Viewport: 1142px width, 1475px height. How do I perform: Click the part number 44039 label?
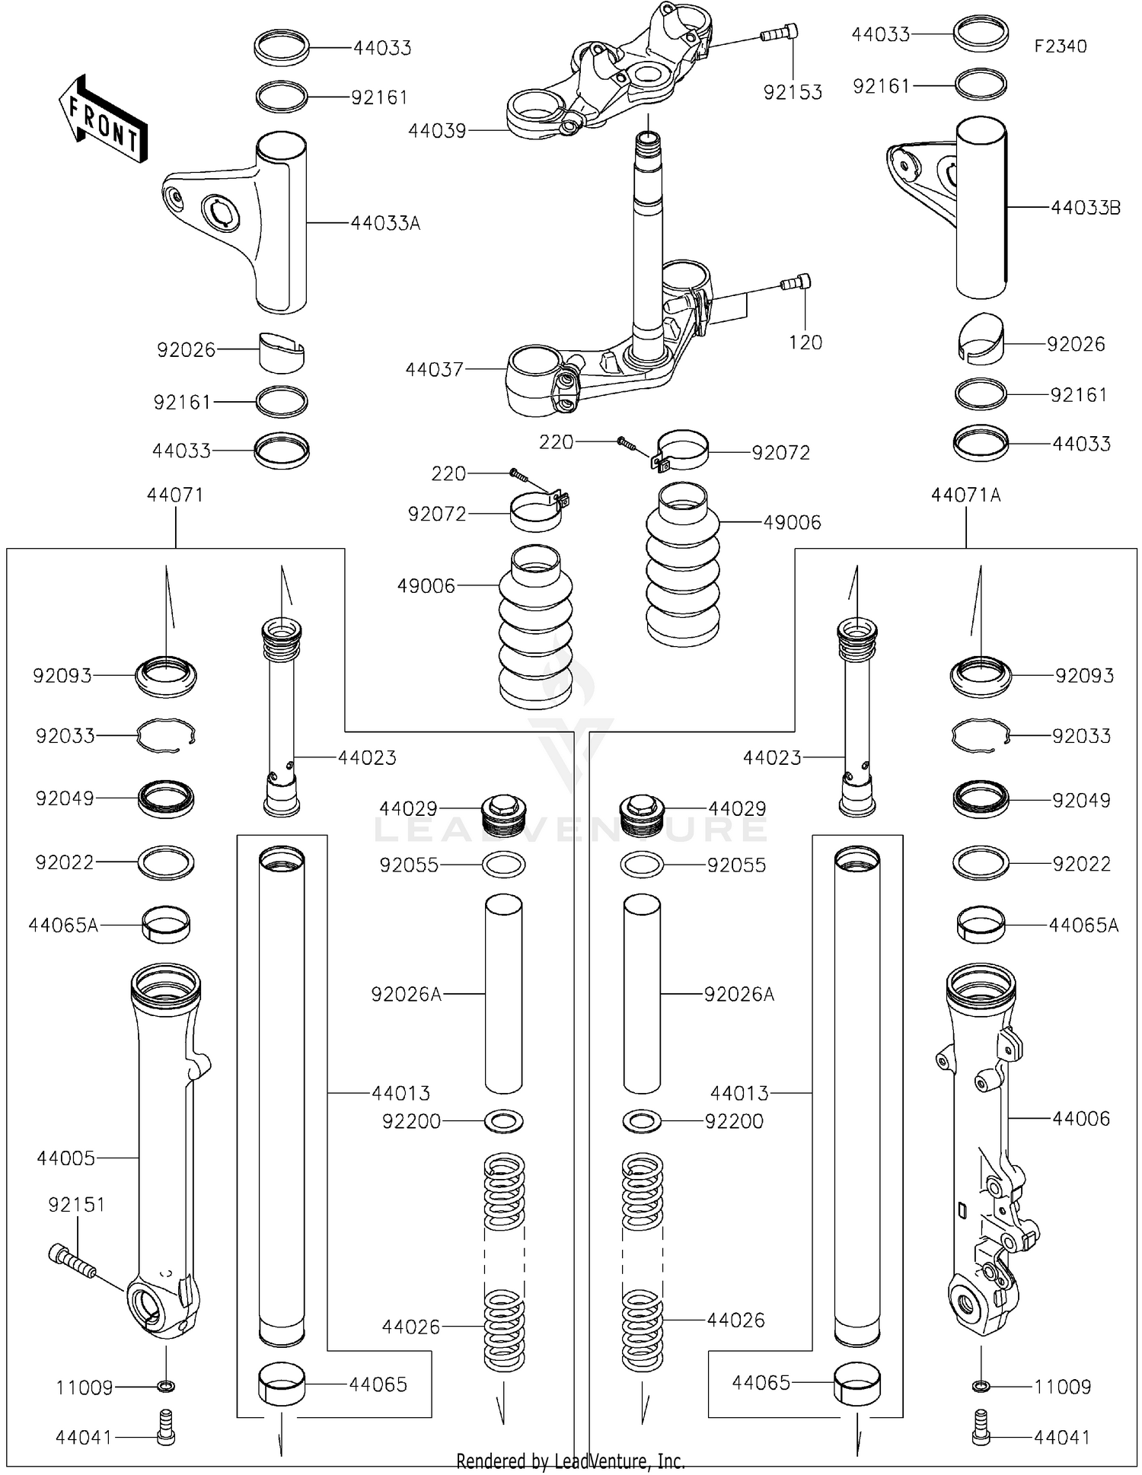pyautogui.click(x=437, y=131)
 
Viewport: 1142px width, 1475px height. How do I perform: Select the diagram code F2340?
pyautogui.click(x=1060, y=46)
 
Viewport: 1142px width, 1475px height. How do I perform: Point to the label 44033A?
pyautogui.click(x=385, y=224)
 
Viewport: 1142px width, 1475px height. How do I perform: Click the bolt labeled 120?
pyautogui.click(x=796, y=283)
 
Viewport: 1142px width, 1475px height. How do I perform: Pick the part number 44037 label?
pyautogui.click(x=434, y=370)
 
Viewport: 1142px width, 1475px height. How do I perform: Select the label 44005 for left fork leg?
pyautogui.click(x=66, y=1158)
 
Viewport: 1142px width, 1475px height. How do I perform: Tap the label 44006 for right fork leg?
pyautogui.click(x=1081, y=1119)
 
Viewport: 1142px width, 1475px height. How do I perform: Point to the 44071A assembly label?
pyautogui.click(x=965, y=495)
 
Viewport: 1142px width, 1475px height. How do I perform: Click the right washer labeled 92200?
pyautogui.click(x=642, y=1121)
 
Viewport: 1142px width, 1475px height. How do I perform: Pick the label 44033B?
pyautogui.click(x=1086, y=208)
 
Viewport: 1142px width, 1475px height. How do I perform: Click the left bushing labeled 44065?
pyautogui.click(x=282, y=1383)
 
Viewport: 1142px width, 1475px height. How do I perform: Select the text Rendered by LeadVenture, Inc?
pyautogui.click(x=570, y=1461)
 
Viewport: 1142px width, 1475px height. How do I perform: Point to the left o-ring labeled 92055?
pyautogui.click(x=504, y=865)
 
